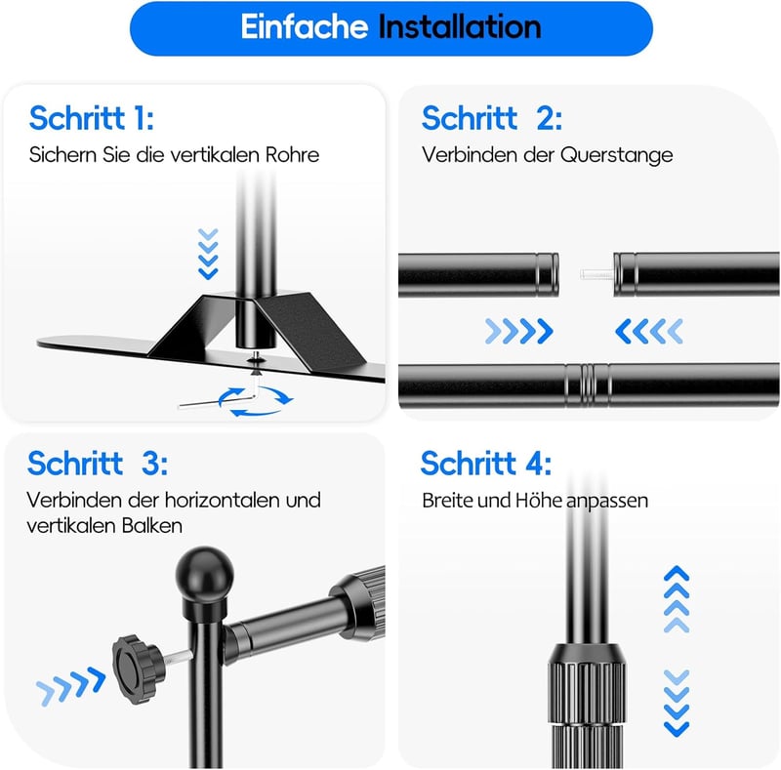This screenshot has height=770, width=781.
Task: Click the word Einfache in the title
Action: click(x=305, y=26)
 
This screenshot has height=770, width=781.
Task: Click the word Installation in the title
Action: click(x=460, y=26)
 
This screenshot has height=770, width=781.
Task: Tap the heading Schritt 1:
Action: click(x=92, y=118)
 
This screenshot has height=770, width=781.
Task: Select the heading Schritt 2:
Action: click(x=492, y=118)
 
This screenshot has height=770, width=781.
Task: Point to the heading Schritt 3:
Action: click(x=98, y=464)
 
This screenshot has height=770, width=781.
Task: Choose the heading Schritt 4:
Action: click(x=486, y=464)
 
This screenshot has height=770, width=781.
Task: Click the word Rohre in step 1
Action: click(x=292, y=155)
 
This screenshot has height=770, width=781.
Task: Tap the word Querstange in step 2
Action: click(x=617, y=155)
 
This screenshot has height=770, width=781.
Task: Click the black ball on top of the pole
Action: click(x=205, y=570)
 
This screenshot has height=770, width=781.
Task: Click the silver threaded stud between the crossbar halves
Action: click(x=596, y=274)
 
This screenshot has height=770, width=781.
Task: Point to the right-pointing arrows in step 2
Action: click(x=519, y=331)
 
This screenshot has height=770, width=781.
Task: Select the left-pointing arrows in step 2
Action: click(x=649, y=331)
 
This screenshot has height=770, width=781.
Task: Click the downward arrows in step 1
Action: click(x=208, y=254)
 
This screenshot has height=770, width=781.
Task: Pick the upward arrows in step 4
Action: click(x=677, y=599)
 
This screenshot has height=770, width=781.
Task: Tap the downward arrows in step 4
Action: click(x=677, y=704)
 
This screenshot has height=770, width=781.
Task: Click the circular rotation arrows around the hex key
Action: click(x=256, y=401)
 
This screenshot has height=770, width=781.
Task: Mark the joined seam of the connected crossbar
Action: click(x=588, y=385)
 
